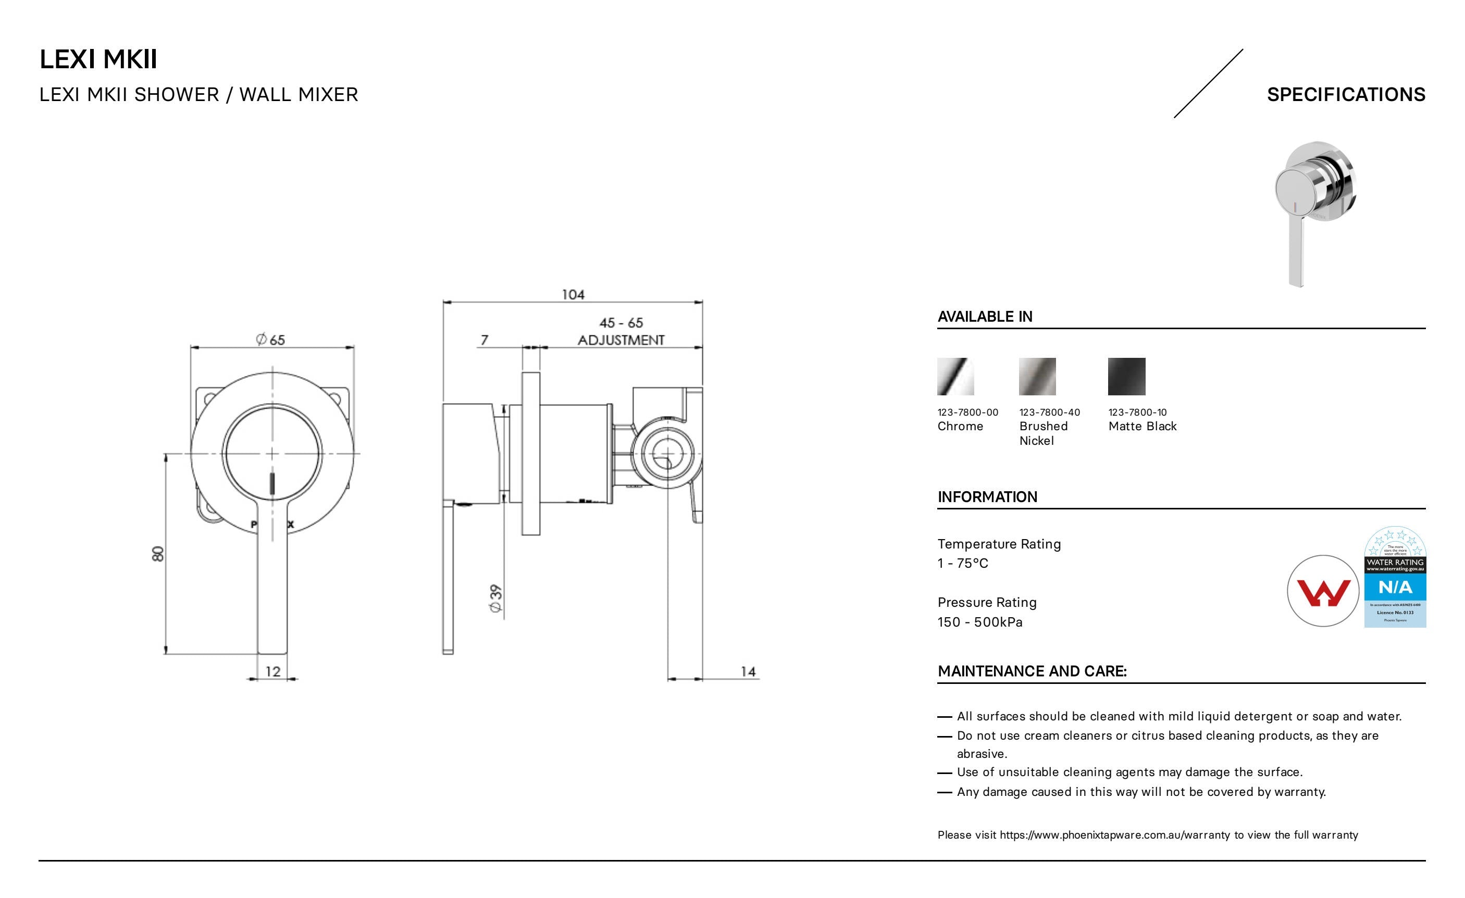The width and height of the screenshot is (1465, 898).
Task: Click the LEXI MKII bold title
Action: (98, 59)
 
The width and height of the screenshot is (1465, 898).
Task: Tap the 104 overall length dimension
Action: (573, 294)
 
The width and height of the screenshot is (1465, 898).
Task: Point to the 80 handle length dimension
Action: (157, 553)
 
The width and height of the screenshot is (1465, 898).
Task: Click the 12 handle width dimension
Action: (273, 671)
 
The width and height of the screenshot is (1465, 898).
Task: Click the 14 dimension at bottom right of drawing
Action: (748, 671)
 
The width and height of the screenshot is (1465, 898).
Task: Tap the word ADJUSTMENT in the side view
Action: (620, 340)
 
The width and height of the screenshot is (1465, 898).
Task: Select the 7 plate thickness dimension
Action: (485, 340)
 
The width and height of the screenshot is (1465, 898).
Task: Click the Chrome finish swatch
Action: (955, 376)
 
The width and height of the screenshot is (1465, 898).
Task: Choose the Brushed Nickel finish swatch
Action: (1037, 376)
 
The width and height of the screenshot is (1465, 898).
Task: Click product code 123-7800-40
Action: (1049, 413)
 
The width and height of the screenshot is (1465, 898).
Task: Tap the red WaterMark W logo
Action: (1323, 591)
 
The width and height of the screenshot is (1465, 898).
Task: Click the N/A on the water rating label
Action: (1395, 588)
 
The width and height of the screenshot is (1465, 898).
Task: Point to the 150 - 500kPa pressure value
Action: (980, 622)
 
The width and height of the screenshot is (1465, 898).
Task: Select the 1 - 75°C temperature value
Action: (963, 564)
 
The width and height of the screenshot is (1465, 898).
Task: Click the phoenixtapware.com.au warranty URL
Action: (1114, 835)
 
